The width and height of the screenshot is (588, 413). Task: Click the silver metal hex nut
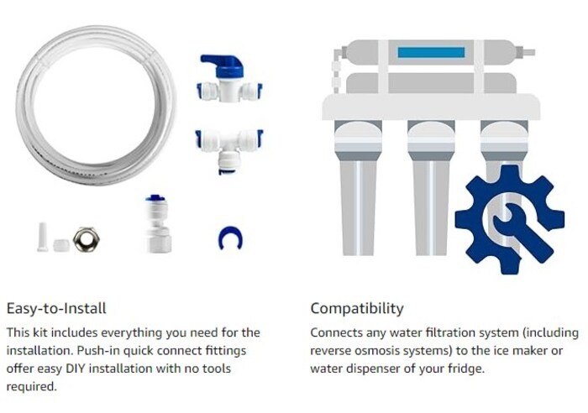point(87,239)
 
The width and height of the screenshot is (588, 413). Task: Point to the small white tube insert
point(42,237)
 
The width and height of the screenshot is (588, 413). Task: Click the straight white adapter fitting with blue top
point(158,224)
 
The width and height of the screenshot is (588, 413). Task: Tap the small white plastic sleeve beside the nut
point(61,245)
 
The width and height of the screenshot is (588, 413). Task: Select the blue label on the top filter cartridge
point(431,53)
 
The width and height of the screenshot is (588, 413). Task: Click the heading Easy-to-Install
point(56,308)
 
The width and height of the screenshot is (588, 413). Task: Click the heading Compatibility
point(357,308)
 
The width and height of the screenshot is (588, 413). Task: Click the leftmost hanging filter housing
point(358,187)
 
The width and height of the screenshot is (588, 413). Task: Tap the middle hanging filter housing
point(431,187)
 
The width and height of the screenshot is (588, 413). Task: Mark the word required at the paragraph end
point(32,386)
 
